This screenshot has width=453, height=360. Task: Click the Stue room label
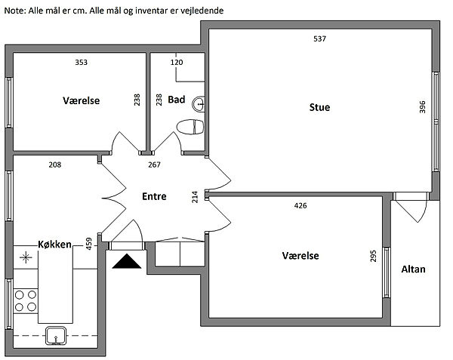[319, 107]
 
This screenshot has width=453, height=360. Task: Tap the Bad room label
[176, 100]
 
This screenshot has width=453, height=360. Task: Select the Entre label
[154, 196]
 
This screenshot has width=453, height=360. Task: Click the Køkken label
[54, 245]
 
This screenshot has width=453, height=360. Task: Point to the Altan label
[413, 269]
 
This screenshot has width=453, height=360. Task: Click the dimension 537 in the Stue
[319, 38]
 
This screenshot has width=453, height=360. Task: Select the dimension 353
[82, 63]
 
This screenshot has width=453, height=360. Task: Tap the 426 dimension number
[300, 205]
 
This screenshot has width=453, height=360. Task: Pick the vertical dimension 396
[422, 107]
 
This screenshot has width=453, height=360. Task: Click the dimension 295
[373, 256]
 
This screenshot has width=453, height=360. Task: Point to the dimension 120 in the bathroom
[177, 63]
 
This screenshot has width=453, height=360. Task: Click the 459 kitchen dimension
[88, 244]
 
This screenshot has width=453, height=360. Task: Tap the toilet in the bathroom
[190, 127]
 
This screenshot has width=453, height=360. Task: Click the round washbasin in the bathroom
[198, 104]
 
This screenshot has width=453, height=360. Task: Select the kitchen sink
[56, 335]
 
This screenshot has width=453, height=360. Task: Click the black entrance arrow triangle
[127, 261]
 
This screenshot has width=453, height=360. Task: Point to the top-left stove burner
[20, 295]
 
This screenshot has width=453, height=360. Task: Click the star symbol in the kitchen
[26, 257]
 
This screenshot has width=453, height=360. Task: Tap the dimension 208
[55, 165]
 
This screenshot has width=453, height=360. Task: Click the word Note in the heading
[15, 11]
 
